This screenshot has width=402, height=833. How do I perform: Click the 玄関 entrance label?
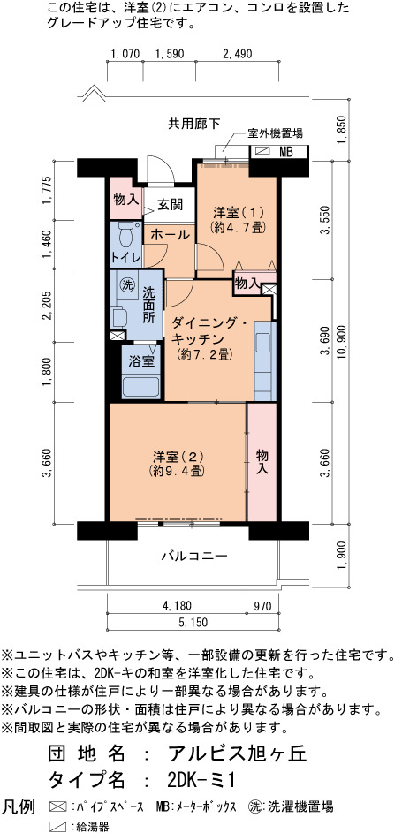click(x=170, y=205)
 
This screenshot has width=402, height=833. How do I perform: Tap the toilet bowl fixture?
click(x=126, y=234)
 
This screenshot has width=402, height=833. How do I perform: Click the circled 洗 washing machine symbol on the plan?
click(x=126, y=284)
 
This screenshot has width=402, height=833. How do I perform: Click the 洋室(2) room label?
click(x=178, y=463)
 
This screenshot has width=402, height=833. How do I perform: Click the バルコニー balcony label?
click(x=193, y=557)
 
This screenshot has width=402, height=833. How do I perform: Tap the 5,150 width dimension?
click(x=193, y=622)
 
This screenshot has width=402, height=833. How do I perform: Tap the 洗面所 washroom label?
click(x=148, y=306)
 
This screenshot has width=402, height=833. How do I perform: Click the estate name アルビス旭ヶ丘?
click(x=237, y=753)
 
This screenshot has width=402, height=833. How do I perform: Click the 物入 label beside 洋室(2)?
click(x=262, y=462)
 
